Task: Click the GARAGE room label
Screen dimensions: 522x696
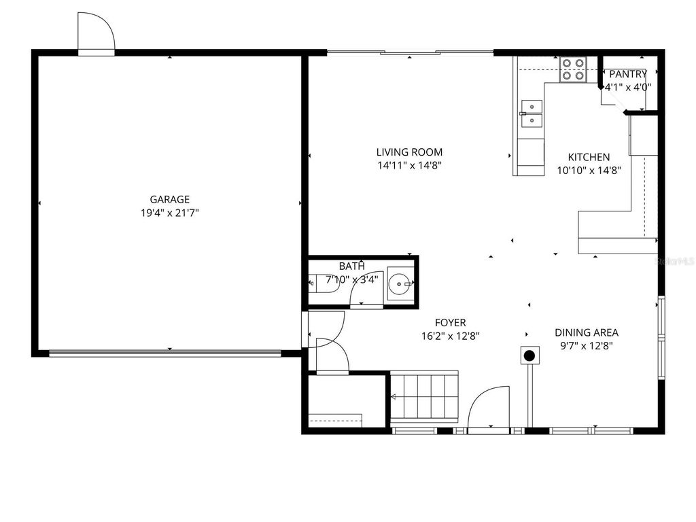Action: [x=169, y=199]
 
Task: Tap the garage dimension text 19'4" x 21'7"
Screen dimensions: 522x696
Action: [x=169, y=213]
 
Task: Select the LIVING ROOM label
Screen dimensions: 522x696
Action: [x=409, y=152]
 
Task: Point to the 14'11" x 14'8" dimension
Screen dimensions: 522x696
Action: [x=409, y=165]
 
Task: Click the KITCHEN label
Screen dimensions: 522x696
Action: [x=589, y=157]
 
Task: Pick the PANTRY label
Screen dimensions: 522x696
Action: [x=628, y=74]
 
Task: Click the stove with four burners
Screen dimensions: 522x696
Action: [x=573, y=69]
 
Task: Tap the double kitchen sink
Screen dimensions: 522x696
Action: [x=531, y=113]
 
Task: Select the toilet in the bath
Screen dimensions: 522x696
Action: [x=324, y=283]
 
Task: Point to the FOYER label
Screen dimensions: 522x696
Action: [x=451, y=323]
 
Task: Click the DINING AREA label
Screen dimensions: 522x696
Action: [x=587, y=332]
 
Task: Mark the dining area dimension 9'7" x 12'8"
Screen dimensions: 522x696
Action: [x=587, y=345]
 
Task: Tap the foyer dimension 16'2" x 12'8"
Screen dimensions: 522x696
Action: [x=451, y=336]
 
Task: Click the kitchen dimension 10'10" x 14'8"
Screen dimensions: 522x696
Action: [x=589, y=171]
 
